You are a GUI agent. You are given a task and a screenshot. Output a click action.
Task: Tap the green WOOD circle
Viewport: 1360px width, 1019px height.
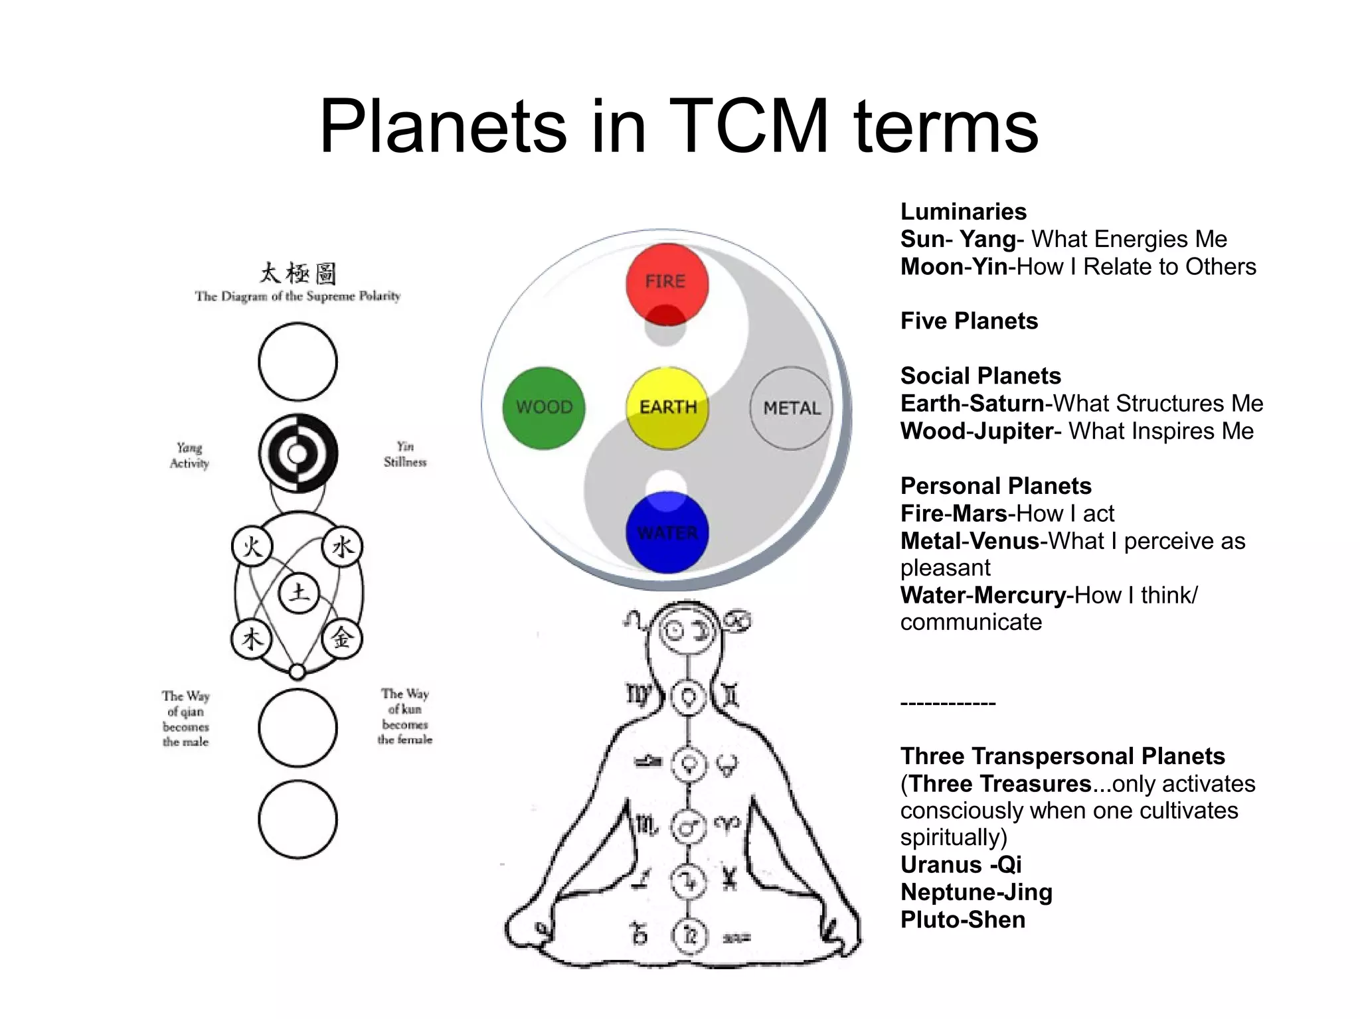(x=544, y=408)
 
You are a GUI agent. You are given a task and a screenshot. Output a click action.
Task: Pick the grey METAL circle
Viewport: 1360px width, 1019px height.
(x=791, y=408)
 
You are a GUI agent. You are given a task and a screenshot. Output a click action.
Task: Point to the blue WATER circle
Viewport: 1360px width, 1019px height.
(x=667, y=532)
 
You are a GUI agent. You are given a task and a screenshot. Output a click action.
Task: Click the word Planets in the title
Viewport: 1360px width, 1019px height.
(x=443, y=126)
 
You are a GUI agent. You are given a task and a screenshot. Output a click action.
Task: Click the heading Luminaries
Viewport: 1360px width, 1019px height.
(x=963, y=212)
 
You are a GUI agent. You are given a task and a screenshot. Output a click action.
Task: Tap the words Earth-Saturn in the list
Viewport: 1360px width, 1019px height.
(x=972, y=404)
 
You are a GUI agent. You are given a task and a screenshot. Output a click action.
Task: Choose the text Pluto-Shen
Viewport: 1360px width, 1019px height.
(x=962, y=920)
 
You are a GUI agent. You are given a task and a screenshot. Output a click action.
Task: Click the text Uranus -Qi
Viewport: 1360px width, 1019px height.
(x=960, y=865)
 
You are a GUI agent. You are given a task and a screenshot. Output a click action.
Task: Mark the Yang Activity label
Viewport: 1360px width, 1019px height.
(x=189, y=455)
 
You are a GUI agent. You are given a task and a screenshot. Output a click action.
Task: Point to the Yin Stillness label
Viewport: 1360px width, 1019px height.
(x=405, y=454)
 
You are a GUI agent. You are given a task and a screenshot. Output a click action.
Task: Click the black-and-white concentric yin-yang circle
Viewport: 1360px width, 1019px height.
(x=298, y=454)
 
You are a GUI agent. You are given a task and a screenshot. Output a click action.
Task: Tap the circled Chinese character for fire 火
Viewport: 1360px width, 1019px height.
(x=252, y=547)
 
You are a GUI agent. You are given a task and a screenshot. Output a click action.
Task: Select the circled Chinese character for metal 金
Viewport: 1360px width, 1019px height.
(x=342, y=639)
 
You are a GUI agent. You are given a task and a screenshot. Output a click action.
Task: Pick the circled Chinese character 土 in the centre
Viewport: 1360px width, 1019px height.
(x=298, y=592)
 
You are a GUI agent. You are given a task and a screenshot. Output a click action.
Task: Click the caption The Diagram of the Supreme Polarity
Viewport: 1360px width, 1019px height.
(x=297, y=296)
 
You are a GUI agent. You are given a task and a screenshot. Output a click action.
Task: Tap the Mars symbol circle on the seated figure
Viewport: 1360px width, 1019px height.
(x=689, y=827)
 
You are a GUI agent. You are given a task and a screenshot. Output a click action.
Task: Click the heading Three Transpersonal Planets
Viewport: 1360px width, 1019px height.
(x=1062, y=756)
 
